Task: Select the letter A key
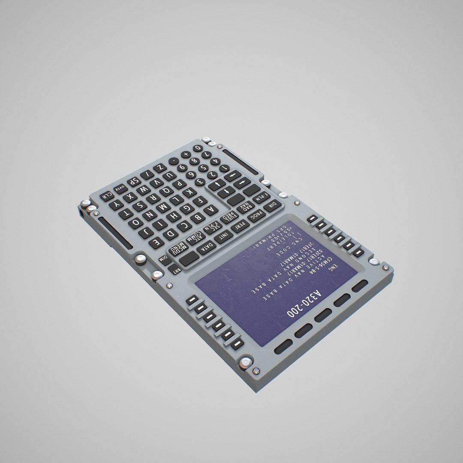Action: point(210,210)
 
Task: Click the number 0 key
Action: point(197,148)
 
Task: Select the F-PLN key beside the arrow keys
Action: point(259,198)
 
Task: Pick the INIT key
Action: point(223,237)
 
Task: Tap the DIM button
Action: point(164,259)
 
